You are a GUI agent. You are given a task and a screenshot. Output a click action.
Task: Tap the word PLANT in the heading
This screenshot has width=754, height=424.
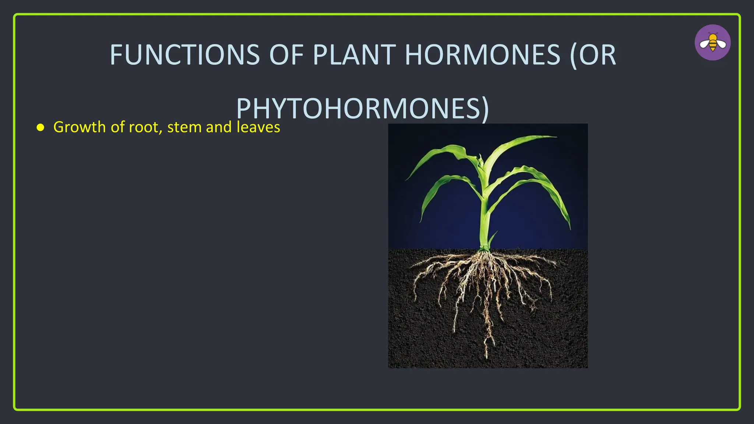click(x=354, y=55)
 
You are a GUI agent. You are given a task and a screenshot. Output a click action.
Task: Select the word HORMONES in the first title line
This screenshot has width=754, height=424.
click(x=482, y=55)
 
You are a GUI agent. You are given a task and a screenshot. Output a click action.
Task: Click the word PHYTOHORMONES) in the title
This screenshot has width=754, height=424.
click(x=363, y=109)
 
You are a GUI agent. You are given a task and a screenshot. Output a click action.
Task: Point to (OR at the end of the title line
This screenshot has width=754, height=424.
click(x=593, y=55)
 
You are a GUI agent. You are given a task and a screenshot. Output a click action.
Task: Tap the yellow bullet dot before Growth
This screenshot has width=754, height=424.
click(x=40, y=128)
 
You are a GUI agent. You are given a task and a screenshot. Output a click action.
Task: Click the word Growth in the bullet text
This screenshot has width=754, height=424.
click(x=80, y=127)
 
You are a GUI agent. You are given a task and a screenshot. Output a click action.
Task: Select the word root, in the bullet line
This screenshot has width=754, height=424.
click(x=145, y=127)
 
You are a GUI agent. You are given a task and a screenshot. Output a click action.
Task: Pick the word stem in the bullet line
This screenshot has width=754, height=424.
click(x=184, y=127)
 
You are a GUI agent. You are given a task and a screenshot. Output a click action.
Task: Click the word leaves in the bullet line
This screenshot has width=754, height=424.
click(x=258, y=127)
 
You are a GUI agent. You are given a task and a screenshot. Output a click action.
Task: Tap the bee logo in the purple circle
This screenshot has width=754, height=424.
click(x=713, y=43)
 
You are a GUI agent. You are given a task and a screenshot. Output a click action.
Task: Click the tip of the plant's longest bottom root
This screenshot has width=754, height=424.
click(x=487, y=357)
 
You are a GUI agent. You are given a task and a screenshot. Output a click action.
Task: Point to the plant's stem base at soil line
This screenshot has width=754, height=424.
click(x=484, y=248)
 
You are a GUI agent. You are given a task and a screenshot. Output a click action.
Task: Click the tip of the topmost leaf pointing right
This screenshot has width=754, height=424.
click(x=556, y=137)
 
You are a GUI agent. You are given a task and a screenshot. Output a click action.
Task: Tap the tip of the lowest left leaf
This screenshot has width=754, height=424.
click(x=421, y=222)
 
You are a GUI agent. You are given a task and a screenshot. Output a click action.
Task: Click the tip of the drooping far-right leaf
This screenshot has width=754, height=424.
click(x=570, y=228)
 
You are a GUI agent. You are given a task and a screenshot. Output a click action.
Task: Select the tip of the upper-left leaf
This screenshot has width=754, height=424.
click(x=406, y=180)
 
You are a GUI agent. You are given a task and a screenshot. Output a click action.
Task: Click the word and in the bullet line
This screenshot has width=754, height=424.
click(x=219, y=127)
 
